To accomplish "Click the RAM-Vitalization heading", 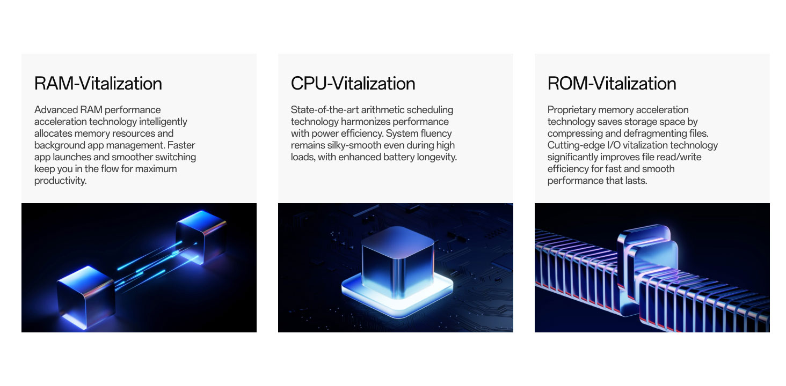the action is click(98, 83).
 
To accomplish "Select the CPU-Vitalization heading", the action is click(353, 83).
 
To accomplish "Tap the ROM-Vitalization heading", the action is click(612, 83).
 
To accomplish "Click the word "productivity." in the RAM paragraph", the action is click(60, 181).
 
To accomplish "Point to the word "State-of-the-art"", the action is click(325, 110).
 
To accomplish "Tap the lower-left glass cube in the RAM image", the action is click(85, 297).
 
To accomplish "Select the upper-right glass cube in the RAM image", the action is click(201, 236).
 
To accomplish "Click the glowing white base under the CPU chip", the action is click(397, 298).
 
